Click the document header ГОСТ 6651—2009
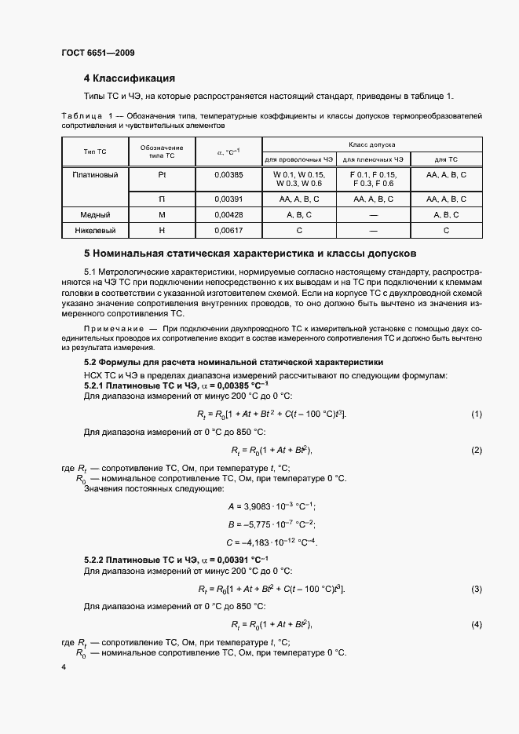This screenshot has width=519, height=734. point(97,53)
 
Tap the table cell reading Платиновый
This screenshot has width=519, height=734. point(95,175)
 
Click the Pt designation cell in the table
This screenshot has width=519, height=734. point(162,175)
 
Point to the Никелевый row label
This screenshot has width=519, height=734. point(95,230)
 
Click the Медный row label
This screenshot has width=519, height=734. point(95,214)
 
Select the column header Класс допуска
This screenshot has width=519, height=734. point(372,144)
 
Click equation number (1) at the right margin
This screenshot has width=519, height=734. point(476,414)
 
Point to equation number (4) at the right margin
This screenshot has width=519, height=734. point(476,624)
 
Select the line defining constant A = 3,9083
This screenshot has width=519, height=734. point(271,508)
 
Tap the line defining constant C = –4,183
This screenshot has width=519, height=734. point(271,542)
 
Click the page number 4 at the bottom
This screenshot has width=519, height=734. point(64,666)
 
